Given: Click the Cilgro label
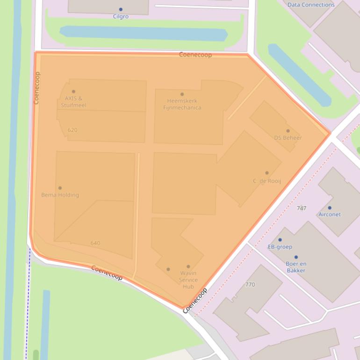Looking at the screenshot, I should [121, 16].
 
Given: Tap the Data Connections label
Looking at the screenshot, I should [311, 5].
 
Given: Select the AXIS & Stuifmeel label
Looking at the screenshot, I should [73, 101].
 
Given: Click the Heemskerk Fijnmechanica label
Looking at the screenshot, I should [182, 104].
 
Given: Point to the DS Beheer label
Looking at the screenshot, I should [288, 137].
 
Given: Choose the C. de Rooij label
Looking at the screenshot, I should [267, 181].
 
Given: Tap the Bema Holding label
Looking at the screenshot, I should [60, 195].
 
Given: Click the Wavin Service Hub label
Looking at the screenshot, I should [188, 280].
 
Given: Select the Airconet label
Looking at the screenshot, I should [330, 215].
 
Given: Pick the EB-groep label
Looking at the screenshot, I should [280, 247].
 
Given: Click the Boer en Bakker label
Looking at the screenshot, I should [296, 267].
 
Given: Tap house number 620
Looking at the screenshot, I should [72, 130].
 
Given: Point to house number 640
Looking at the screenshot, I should [95, 243].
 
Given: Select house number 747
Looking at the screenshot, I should [302, 208].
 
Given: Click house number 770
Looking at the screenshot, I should [250, 284].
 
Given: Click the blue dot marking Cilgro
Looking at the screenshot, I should [121, 9].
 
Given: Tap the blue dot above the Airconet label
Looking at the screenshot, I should [330, 208].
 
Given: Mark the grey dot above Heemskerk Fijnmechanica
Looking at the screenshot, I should [182, 94].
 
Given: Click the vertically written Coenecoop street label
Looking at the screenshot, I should [37, 87].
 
